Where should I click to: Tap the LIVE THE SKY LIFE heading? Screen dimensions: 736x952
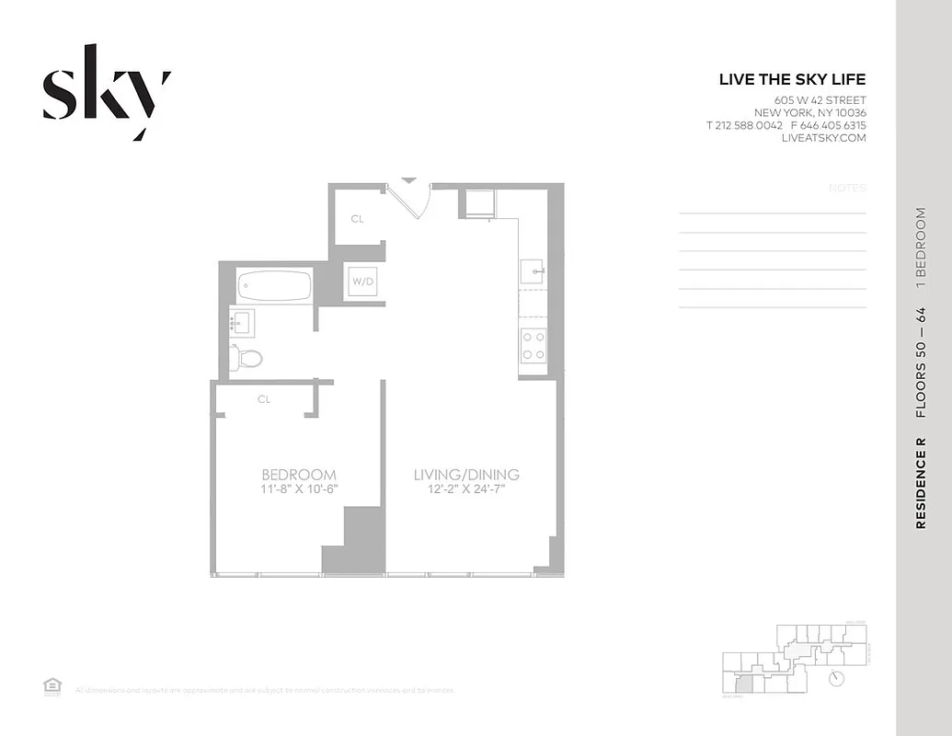[792, 80]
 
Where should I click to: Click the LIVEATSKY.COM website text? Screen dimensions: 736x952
[823, 138]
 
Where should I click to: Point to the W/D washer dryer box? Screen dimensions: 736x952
[362, 282]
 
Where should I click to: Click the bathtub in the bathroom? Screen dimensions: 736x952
[275, 285]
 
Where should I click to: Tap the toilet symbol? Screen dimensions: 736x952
[247, 358]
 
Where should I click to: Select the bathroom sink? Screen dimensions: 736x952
[241, 322]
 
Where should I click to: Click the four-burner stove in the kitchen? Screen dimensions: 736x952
[533, 346]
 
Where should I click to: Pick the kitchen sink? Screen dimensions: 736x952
[533, 271]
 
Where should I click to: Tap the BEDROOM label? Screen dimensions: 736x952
[298, 475]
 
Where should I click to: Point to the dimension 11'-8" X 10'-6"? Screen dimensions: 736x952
[299, 489]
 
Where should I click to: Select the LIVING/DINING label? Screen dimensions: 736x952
[466, 475]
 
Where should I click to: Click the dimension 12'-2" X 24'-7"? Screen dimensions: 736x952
[466, 489]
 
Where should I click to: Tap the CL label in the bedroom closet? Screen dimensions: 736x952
[264, 399]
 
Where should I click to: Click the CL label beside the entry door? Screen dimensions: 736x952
[357, 219]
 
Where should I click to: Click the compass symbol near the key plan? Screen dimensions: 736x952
[837, 678]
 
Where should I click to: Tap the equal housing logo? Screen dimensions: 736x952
[52, 684]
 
